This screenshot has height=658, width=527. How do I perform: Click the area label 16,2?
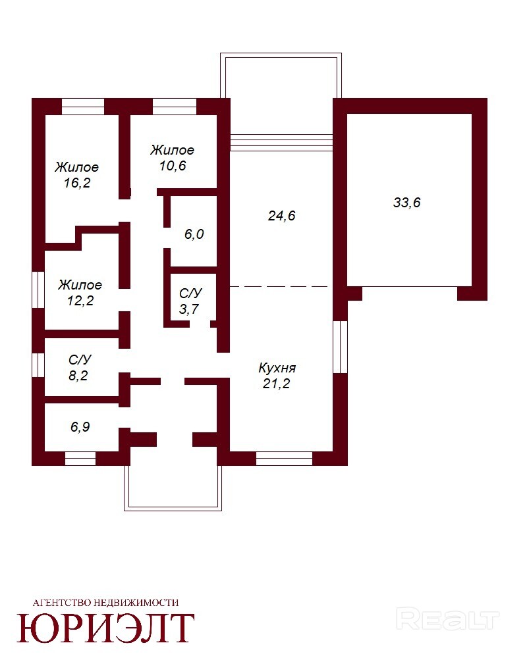[77, 183]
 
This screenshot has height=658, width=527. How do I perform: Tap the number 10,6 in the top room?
[173, 166]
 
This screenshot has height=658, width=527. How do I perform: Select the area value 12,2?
[80, 301]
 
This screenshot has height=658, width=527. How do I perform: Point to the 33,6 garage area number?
[406, 203]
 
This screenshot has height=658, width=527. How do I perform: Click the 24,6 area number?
[281, 216]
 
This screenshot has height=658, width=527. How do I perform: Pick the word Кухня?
[277, 368]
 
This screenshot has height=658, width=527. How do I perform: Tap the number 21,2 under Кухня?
[276, 384]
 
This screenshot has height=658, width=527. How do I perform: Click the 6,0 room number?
[194, 234]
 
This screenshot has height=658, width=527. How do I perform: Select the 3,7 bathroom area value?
[188, 309]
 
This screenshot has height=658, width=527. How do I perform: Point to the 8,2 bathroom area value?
[78, 376]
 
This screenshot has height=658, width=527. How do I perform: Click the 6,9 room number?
[80, 427]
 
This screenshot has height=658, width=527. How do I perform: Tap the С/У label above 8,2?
[80, 360]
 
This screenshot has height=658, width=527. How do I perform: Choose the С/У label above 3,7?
[190, 293]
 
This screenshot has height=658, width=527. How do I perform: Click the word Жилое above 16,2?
[76, 167]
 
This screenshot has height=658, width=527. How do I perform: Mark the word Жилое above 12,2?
[80, 285]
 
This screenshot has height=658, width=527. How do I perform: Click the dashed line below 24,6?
[279, 287]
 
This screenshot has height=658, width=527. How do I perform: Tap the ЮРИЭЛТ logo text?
[105, 628]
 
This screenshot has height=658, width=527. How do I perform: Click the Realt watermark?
[447, 620]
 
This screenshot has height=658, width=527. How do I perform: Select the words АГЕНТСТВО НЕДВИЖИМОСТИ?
[105, 603]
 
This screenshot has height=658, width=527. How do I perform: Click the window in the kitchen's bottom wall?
[284, 458]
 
